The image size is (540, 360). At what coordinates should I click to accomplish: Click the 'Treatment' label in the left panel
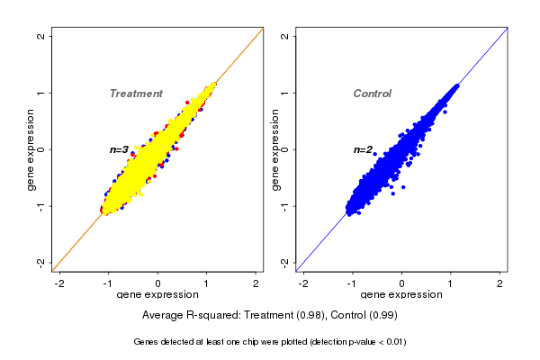click(x=136, y=94)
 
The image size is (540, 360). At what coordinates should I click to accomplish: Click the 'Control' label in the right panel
click(x=372, y=94)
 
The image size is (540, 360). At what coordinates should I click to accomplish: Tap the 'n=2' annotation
click(x=363, y=149)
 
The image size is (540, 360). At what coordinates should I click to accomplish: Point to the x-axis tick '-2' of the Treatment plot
click(x=61, y=283)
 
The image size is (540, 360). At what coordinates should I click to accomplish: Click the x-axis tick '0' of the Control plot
click(x=402, y=283)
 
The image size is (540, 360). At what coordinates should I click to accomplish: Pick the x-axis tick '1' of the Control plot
click(x=452, y=283)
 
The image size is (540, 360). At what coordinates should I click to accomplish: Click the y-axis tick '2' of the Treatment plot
click(x=41, y=36)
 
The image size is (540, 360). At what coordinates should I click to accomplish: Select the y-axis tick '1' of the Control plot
click(x=285, y=93)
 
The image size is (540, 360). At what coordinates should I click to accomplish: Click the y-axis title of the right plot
click(x=274, y=149)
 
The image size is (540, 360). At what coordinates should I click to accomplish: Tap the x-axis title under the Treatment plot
click(x=159, y=295)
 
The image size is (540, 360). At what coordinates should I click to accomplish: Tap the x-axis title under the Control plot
click(x=402, y=295)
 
